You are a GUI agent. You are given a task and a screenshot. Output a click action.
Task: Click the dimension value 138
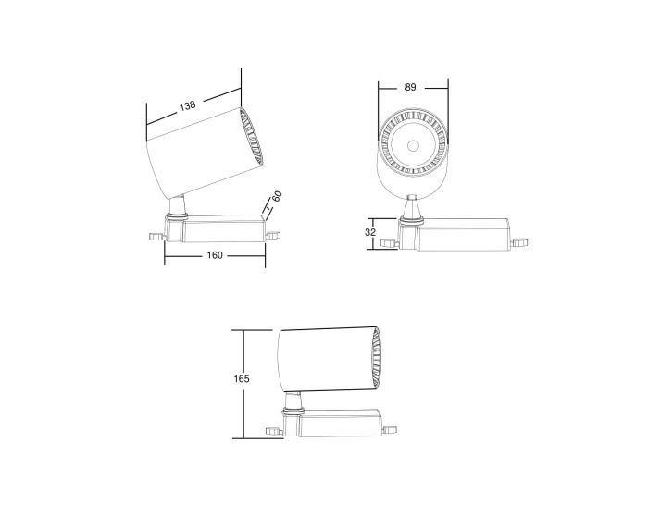pyautogui.click(x=188, y=106)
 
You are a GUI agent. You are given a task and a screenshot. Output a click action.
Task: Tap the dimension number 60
pyautogui.click(x=276, y=197)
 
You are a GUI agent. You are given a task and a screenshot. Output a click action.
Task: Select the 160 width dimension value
pyautogui.click(x=214, y=256)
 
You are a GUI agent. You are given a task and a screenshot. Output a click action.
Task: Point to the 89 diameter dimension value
pyautogui.click(x=411, y=87)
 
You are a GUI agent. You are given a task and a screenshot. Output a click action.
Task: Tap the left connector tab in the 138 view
pyautogui.click(x=156, y=236)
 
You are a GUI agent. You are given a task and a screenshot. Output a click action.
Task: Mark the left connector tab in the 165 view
pyautogui.click(x=272, y=429)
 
